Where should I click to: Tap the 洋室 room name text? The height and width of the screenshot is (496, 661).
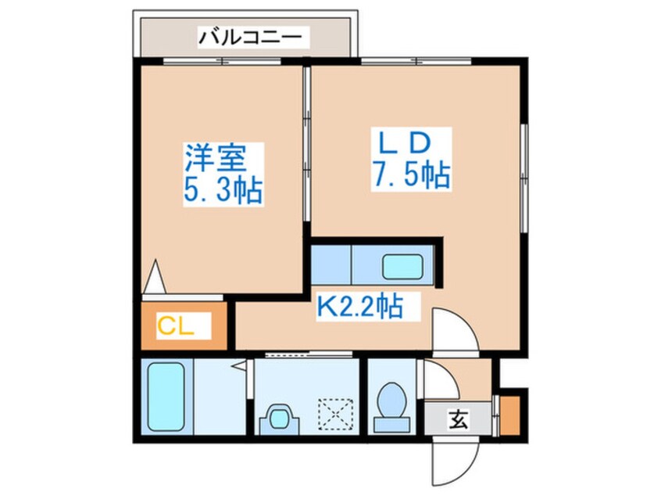pos(216,160)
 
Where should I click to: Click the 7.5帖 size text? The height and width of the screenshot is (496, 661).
pos(410,177)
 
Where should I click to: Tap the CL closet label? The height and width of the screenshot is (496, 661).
pos(176,324)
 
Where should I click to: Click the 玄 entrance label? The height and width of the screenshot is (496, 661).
pos(459,420)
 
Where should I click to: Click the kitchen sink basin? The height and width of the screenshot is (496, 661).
pos(402,266)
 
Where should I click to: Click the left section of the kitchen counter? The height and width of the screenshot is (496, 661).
pos(330,265)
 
